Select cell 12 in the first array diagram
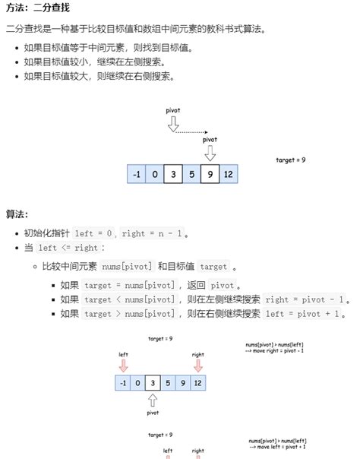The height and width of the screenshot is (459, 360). pos(228,174)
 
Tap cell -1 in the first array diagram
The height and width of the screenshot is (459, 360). pos(137,174)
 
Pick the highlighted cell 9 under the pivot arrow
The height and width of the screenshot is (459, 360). pos(210,174)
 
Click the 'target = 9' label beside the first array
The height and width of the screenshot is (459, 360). pos(290,160)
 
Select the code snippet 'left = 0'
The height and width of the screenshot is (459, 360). pos(94,234)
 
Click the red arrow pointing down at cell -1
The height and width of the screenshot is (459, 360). pos(124,366)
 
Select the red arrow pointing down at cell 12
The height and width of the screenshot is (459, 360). pos(198,366)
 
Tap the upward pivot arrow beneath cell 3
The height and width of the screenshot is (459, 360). pos(153,400)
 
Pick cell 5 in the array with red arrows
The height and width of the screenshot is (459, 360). pos(169,383)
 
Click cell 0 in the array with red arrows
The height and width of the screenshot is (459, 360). pos(138,383)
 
